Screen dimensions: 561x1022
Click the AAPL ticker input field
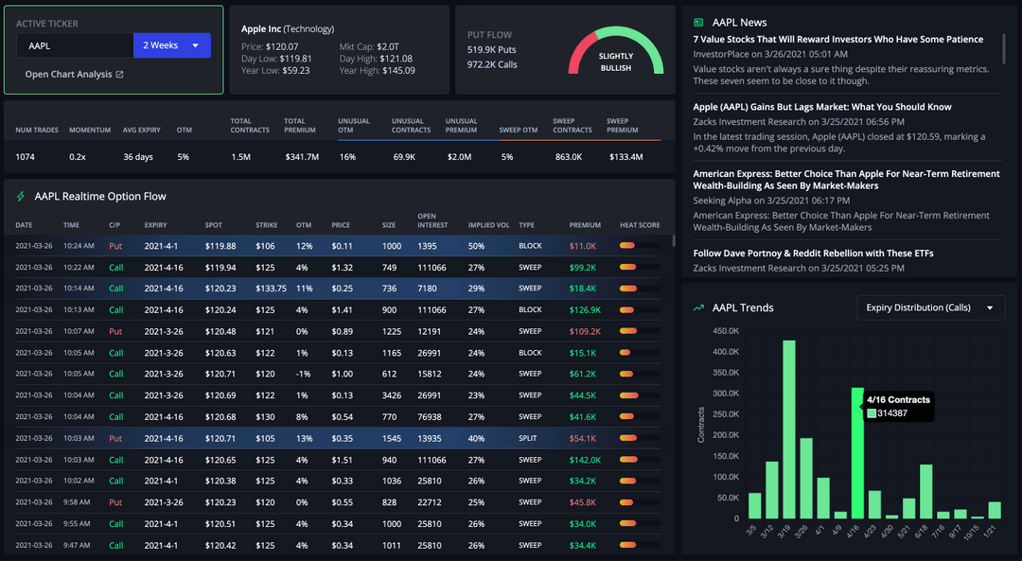74,45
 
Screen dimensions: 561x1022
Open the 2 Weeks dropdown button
171,45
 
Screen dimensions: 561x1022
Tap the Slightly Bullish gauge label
616,61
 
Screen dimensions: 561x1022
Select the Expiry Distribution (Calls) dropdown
929,307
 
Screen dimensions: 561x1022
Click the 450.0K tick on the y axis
724,331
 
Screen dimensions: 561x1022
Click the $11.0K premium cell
582,246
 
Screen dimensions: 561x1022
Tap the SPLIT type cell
529,438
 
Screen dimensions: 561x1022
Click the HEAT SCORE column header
640,225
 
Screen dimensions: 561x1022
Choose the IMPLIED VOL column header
488,225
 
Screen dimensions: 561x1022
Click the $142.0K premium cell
585,460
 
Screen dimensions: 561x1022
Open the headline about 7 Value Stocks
837,40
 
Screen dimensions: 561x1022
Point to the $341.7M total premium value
302,157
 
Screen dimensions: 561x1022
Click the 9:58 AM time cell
78,502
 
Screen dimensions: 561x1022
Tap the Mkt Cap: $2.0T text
369,46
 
